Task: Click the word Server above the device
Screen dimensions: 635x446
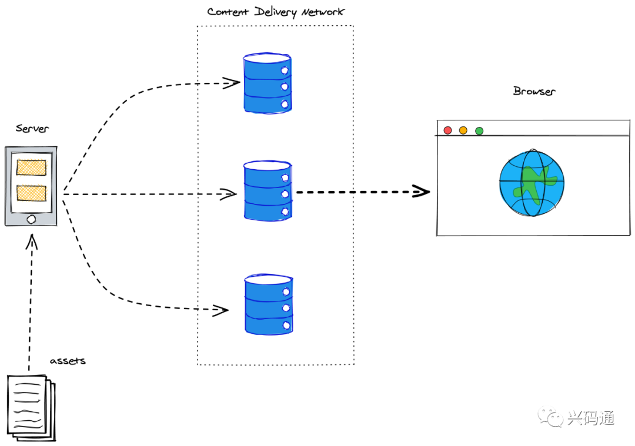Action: coord(32,128)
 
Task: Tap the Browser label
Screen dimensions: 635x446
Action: coord(534,91)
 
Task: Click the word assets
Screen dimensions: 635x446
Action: coord(68,361)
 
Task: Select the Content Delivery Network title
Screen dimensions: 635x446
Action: coord(276,12)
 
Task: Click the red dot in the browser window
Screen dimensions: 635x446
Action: coord(447,130)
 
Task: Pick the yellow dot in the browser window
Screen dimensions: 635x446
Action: coord(463,130)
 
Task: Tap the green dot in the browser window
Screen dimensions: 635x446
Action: coord(479,130)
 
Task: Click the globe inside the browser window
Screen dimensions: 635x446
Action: coord(532,183)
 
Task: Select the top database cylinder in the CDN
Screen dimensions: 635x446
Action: coord(268,83)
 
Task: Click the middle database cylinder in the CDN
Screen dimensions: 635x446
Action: coord(268,190)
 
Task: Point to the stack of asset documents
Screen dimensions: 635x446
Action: coord(31,408)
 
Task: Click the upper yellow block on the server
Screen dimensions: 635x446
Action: coord(31,167)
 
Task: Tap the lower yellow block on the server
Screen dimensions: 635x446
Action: coord(31,193)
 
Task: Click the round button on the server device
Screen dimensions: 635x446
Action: coord(31,219)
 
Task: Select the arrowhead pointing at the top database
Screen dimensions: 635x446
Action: coord(232,83)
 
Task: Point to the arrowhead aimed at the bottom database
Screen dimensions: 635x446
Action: coord(220,310)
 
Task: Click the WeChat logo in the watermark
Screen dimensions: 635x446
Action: coord(550,417)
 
